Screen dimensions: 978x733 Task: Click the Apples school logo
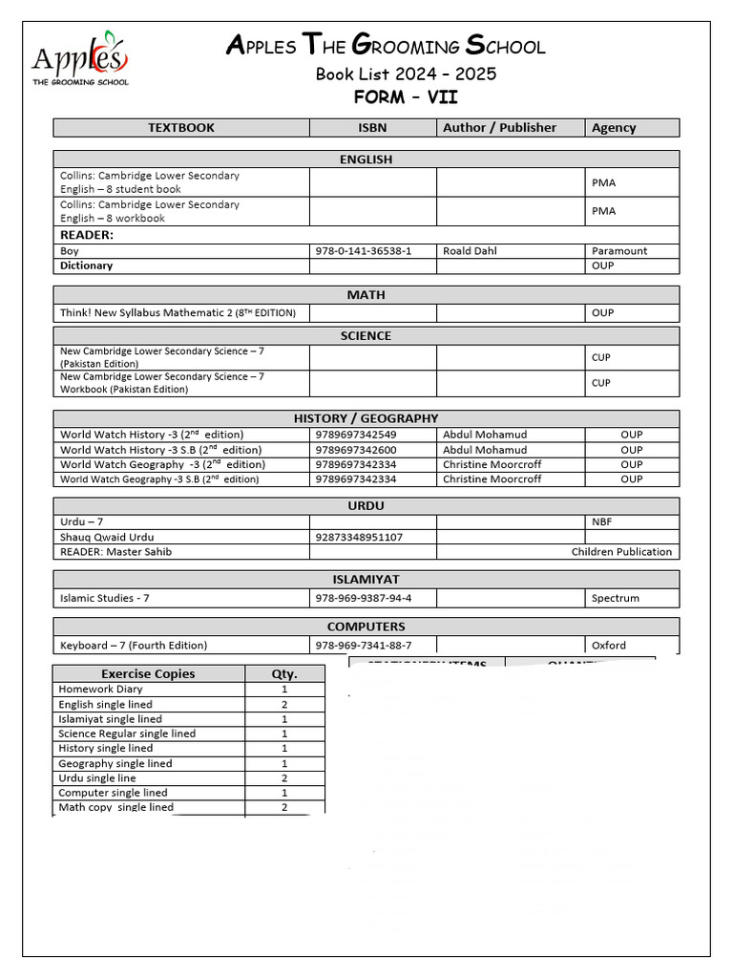point(80,58)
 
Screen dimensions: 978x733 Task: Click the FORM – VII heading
point(406,97)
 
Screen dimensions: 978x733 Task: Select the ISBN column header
point(373,128)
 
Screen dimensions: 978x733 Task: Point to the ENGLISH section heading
point(366,159)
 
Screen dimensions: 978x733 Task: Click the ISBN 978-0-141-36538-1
point(364,251)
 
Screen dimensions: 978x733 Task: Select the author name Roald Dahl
point(470,251)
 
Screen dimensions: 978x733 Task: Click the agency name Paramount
point(618,251)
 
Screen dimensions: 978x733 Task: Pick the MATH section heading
point(366,295)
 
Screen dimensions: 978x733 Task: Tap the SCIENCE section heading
point(366,336)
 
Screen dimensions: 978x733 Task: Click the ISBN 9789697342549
point(356,435)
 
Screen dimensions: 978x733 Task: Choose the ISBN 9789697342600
point(356,450)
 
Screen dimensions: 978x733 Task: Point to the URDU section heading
point(366,505)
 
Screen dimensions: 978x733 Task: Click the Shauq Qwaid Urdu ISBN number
point(359,538)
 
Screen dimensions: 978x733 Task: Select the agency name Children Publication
point(621,552)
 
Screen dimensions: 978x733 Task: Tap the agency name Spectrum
point(616,599)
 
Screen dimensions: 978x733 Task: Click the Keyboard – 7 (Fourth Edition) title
point(134,646)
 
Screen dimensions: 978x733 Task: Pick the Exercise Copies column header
point(148,674)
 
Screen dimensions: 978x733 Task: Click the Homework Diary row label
point(100,690)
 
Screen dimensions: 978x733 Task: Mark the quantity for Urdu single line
point(284,778)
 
